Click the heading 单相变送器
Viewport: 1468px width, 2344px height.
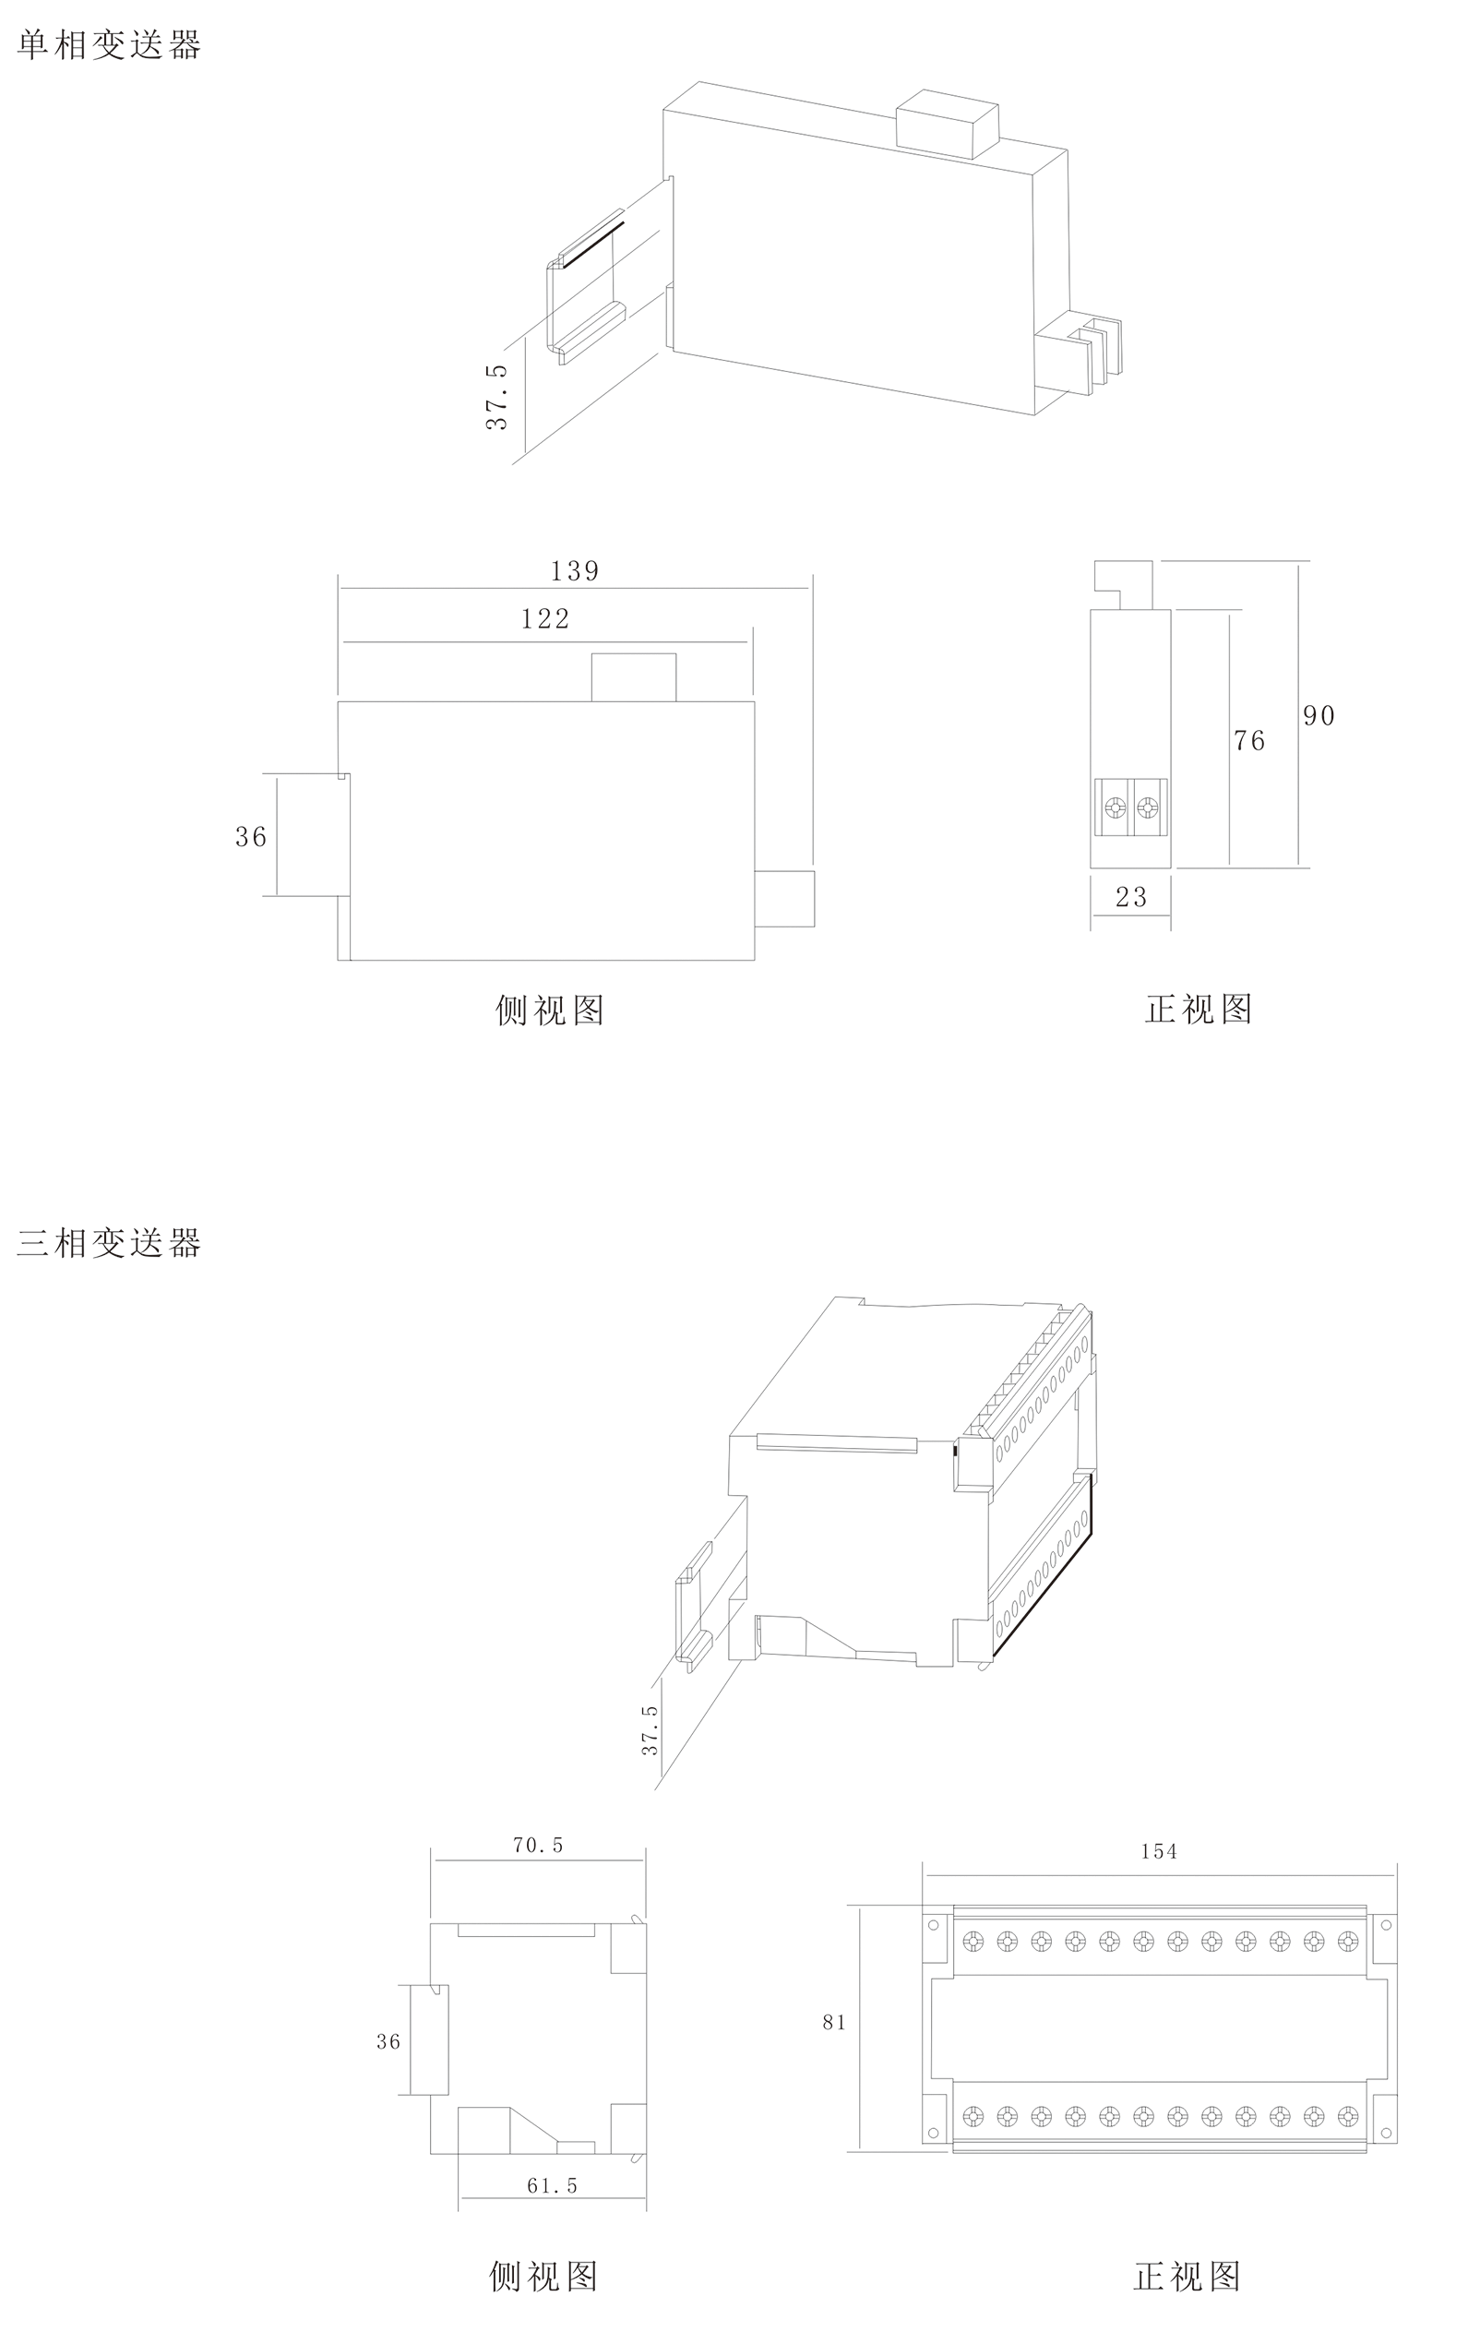(x=109, y=45)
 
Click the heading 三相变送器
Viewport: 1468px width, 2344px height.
(x=109, y=1243)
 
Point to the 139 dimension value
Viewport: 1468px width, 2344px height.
(x=575, y=571)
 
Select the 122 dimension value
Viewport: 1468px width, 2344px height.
(x=545, y=618)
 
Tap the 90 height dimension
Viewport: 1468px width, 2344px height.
(x=1319, y=717)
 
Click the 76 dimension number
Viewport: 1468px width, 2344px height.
(x=1249, y=742)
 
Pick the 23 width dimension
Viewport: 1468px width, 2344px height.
(x=1131, y=897)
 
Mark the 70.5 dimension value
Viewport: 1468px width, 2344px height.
(x=538, y=1845)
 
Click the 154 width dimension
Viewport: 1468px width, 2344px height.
(x=1159, y=1852)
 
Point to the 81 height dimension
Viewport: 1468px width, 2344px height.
(x=834, y=2023)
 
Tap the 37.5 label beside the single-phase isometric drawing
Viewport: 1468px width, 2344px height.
(x=497, y=397)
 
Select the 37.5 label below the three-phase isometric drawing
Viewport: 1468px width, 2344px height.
(x=650, y=1729)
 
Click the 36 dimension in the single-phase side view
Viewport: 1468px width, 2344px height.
(x=250, y=837)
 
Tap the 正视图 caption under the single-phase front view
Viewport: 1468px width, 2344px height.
(x=1198, y=1010)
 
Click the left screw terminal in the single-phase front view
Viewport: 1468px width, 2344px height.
(x=1116, y=807)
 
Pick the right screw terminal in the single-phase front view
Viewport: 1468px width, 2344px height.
(x=1148, y=807)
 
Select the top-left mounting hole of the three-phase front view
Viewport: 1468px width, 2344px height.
(x=934, y=1924)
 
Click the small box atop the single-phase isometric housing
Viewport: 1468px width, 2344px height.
(x=947, y=124)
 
